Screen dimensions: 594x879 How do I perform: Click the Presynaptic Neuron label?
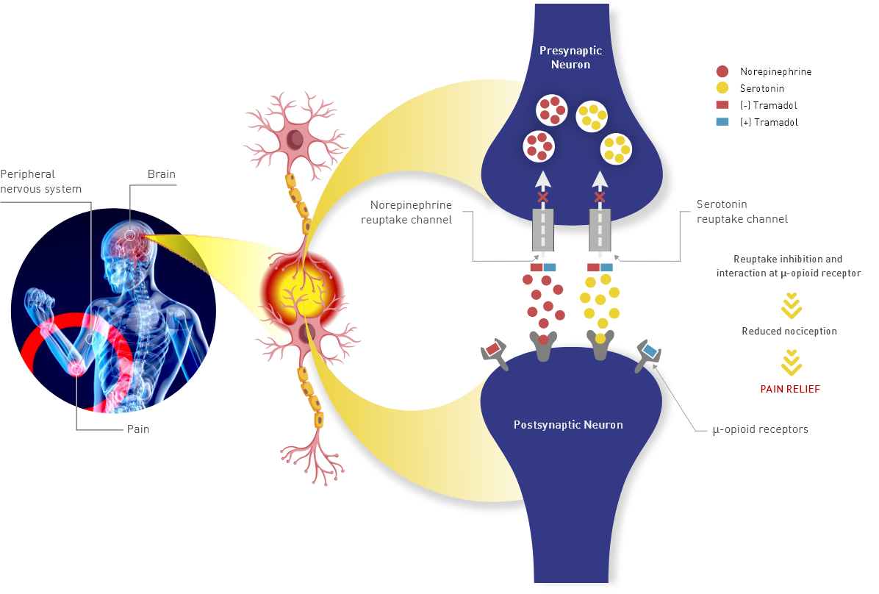tap(570, 57)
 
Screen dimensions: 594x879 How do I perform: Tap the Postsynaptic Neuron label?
tap(567, 425)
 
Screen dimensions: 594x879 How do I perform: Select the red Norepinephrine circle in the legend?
tap(722, 72)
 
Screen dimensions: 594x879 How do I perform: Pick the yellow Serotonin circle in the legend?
tap(722, 89)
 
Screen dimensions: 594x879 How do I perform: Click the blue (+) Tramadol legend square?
tap(722, 123)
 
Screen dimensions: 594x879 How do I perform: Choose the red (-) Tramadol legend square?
tap(722, 106)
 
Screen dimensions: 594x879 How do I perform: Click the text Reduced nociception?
tap(789, 332)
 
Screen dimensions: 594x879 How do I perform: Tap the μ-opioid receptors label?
tap(760, 429)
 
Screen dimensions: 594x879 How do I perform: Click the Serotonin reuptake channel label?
tap(742, 212)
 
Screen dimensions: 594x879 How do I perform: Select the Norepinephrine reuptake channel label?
tap(411, 212)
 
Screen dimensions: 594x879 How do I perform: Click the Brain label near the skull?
tap(162, 174)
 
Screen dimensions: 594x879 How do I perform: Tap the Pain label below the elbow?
tap(137, 429)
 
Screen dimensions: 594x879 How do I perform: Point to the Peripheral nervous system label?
tap(40, 182)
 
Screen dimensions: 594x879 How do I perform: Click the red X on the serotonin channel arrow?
tap(600, 197)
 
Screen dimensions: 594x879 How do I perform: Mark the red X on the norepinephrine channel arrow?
tap(542, 197)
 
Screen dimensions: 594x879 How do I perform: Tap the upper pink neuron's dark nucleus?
tap(295, 138)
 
